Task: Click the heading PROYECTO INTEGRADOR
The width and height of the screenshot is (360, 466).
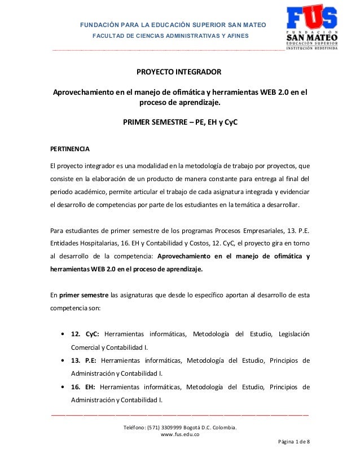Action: [x=180, y=73]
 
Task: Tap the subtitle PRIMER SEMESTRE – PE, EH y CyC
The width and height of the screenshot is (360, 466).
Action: [x=180, y=121]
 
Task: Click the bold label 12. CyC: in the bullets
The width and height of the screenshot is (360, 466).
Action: [x=85, y=335]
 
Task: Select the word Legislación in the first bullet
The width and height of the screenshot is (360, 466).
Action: [x=290, y=335]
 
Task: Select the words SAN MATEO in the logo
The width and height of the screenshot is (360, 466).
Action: [x=312, y=38]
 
